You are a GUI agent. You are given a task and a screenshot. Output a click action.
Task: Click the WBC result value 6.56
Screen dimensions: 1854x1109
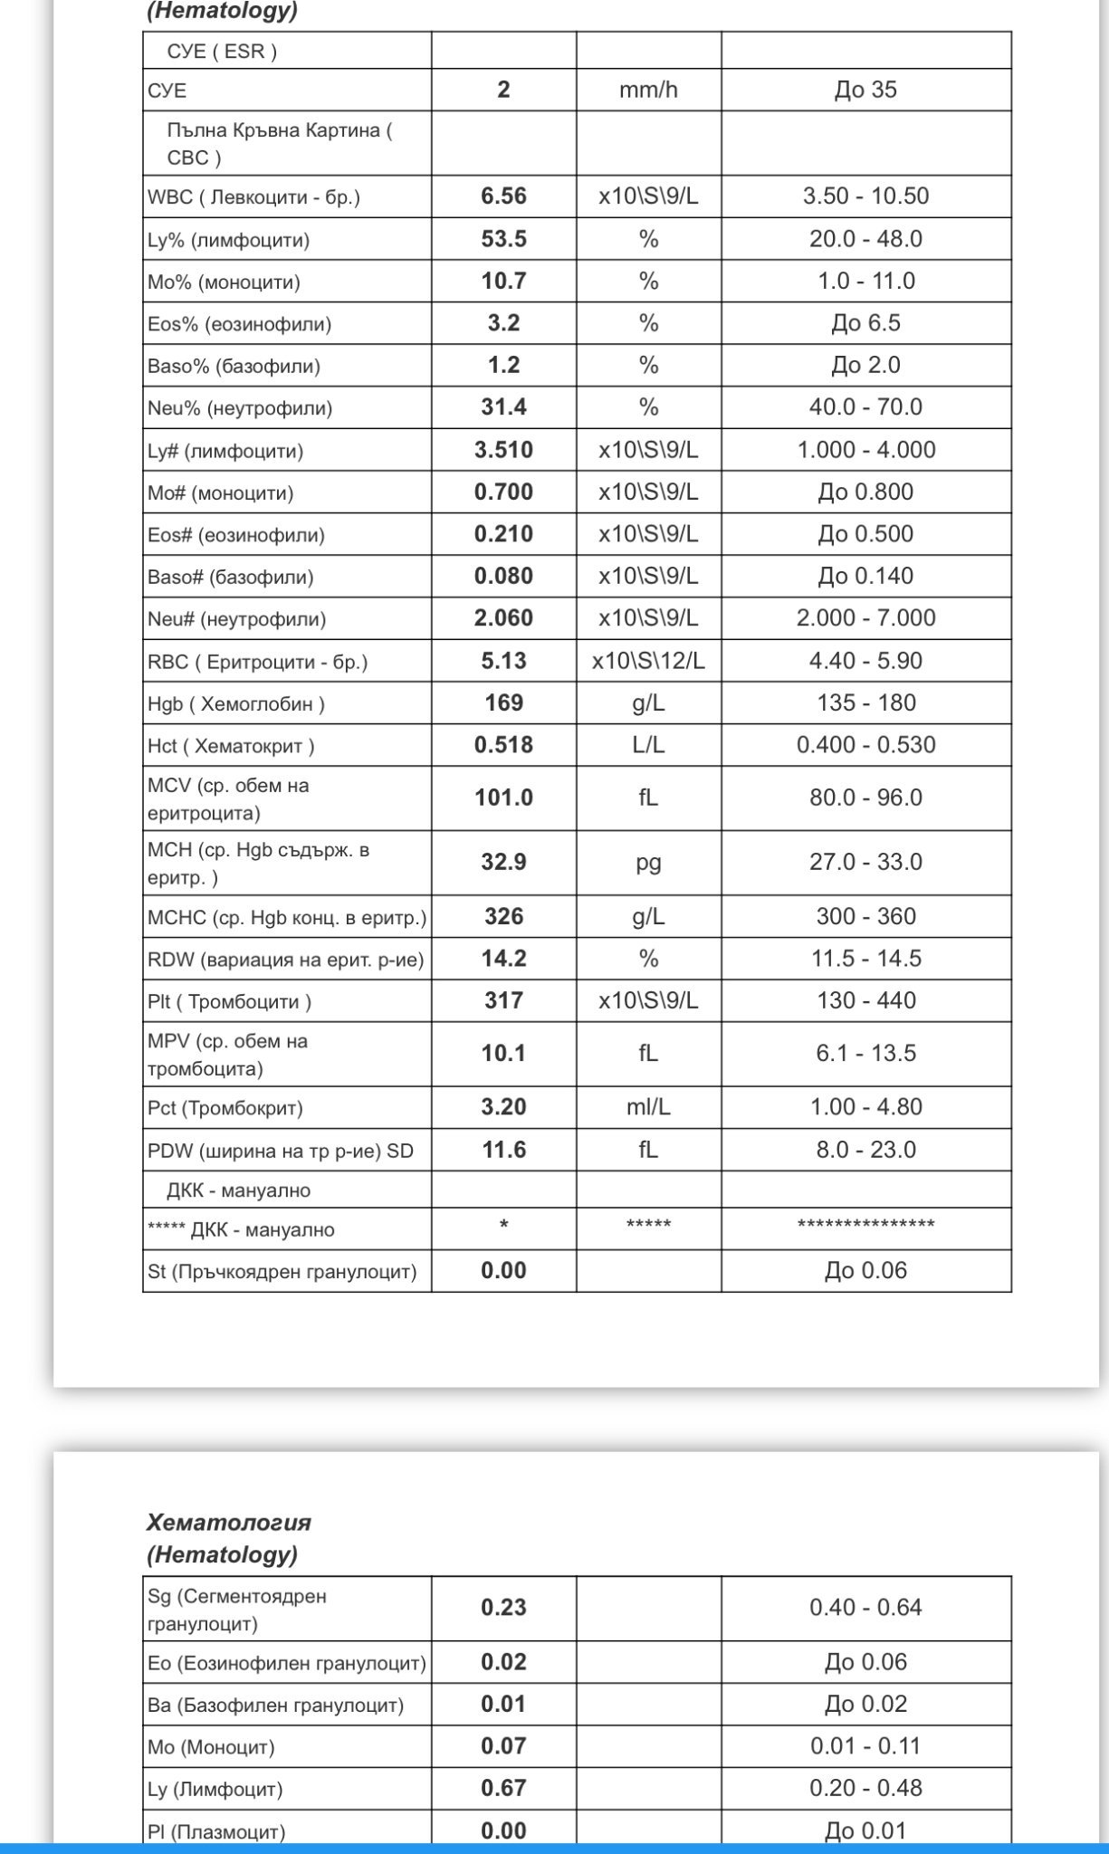point(503,196)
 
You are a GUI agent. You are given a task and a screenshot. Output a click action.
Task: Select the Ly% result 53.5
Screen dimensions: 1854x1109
point(503,239)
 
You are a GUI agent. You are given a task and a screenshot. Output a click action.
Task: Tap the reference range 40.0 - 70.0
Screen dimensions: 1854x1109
point(865,407)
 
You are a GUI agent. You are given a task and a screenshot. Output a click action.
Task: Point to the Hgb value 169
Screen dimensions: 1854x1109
point(503,703)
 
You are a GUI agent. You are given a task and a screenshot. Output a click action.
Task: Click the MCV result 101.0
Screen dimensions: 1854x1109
point(503,798)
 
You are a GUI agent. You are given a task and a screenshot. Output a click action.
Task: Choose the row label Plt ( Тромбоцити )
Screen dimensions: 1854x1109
point(230,1001)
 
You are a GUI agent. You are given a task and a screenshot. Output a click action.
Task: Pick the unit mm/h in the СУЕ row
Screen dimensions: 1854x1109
point(648,90)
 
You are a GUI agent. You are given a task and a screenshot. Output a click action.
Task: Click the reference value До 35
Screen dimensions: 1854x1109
point(865,90)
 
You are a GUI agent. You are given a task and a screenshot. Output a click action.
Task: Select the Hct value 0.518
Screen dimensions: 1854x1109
point(503,745)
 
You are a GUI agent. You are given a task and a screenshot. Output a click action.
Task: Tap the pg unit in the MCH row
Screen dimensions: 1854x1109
point(648,862)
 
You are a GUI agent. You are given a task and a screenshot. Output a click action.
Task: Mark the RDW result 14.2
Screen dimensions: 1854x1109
point(503,959)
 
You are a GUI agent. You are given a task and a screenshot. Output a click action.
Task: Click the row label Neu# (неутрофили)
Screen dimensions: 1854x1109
point(236,619)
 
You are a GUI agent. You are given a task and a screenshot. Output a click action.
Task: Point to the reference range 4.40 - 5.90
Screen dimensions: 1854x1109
point(865,661)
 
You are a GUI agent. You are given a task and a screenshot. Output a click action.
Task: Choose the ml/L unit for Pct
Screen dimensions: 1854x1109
point(648,1107)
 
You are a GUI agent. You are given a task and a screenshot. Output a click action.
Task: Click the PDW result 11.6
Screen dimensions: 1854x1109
point(503,1150)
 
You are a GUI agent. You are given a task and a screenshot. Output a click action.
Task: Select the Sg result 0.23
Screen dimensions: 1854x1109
point(503,1608)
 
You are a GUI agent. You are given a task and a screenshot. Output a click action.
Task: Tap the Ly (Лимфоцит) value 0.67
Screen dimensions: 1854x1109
point(503,1788)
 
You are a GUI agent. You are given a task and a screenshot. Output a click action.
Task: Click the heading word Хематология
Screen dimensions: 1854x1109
point(229,1522)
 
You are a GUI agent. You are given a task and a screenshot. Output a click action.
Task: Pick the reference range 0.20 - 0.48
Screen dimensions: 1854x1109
point(865,1788)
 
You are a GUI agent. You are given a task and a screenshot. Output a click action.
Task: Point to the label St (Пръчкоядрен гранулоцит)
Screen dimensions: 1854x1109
point(282,1272)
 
